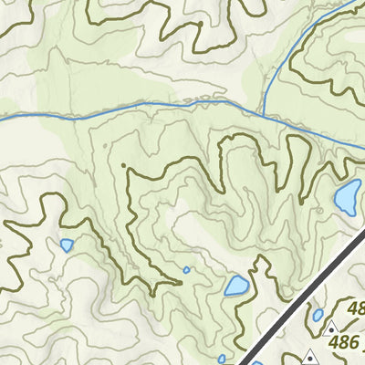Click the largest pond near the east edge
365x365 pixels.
[x=347, y=198]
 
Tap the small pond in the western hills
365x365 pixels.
[x=67, y=245]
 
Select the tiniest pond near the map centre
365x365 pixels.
[x=186, y=269]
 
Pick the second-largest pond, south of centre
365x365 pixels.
[x=236, y=287]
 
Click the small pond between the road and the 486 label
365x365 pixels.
[x=318, y=315]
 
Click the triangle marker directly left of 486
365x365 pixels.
[x=330, y=327]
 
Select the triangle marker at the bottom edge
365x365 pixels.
[x=311, y=356]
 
